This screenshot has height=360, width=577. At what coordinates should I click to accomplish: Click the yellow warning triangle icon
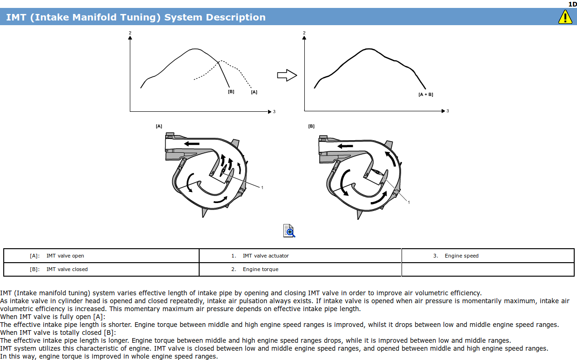(x=565, y=17)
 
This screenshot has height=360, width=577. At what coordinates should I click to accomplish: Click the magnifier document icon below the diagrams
(x=289, y=231)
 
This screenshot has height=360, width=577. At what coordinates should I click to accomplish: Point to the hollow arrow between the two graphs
(x=287, y=75)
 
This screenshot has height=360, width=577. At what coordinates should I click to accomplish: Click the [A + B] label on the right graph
(x=426, y=95)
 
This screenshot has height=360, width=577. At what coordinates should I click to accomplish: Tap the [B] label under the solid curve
(x=231, y=92)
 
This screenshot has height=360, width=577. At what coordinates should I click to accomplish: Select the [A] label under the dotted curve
(x=254, y=92)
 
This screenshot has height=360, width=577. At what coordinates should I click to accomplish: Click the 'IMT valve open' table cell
(x=65, y=256)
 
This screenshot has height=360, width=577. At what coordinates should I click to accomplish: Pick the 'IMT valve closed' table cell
(x=67, y=269)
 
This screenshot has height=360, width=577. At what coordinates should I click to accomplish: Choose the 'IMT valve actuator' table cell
(x=266, y=256)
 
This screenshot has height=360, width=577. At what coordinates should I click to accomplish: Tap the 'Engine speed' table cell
(x=462, y=256)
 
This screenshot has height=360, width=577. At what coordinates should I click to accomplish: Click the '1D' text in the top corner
(x=572, y=4)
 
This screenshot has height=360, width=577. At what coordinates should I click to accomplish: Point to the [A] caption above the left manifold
(x=159, y=126)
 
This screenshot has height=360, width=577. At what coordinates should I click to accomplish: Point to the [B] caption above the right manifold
(x=311, y=126)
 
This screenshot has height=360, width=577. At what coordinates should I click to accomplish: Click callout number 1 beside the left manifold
(x=262, y=188)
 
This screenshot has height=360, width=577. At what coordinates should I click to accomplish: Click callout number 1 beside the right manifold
(x=409, y=202)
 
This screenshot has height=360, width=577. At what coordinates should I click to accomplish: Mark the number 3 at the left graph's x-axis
(x=274, y=112)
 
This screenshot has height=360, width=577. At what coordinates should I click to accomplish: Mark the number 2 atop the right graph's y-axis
(x=304, y=33)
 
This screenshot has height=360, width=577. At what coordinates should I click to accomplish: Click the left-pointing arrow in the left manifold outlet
(x=192, y=143)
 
